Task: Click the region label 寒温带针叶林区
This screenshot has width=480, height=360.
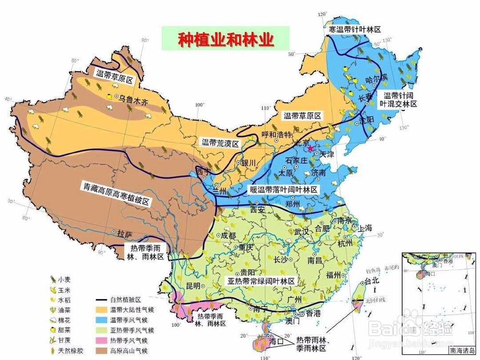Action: click(x=355, y=30)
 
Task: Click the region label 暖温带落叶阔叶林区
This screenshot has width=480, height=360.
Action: click(x=283, y=190)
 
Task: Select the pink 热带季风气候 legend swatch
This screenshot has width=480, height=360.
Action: click(x=101, y=340)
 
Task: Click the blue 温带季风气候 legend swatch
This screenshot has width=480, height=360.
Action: click(x=101, y=319)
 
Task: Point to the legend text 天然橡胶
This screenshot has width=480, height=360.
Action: click(x=71, y=351)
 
